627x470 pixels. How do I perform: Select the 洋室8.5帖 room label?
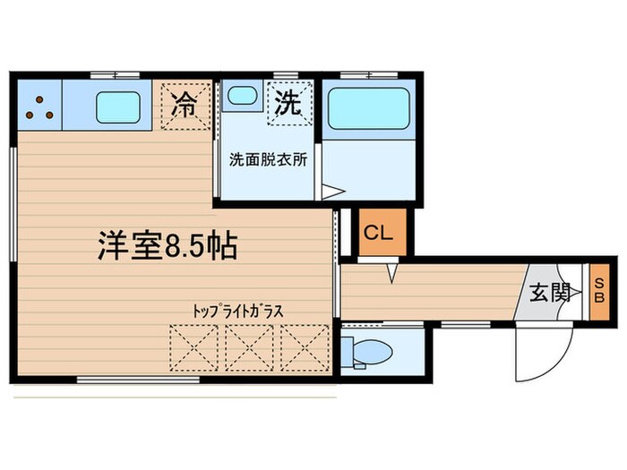[167, 244]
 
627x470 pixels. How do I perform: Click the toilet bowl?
[368, 350]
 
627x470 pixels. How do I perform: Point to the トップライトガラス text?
[238, 311]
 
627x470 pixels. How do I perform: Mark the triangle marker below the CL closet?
[391, 272]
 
